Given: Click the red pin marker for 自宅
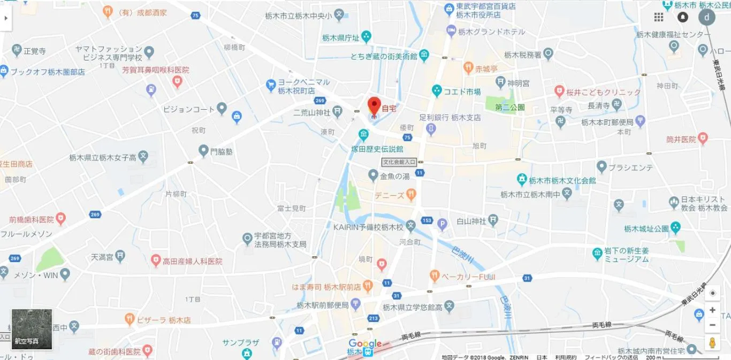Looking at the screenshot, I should click(374, 105).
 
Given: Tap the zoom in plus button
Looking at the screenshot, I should click(712, 310).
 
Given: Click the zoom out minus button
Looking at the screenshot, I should click(712, 325).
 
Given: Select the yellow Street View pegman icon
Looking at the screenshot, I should click(712, 342).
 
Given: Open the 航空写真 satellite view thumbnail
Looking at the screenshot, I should click(32, 329).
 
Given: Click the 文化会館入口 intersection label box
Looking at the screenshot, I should click(399, 162).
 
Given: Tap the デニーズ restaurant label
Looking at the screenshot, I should click(390, 195).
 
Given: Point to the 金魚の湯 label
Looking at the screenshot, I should click(394, 176).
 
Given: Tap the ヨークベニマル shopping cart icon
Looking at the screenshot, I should click(271, 85).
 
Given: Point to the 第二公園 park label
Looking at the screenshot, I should click(510, 108).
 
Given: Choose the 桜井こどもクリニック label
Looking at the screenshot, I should click(603, 92).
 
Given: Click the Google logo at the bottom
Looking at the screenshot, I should click(365, 343).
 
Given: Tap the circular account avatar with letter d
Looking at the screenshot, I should click(707, 17).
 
